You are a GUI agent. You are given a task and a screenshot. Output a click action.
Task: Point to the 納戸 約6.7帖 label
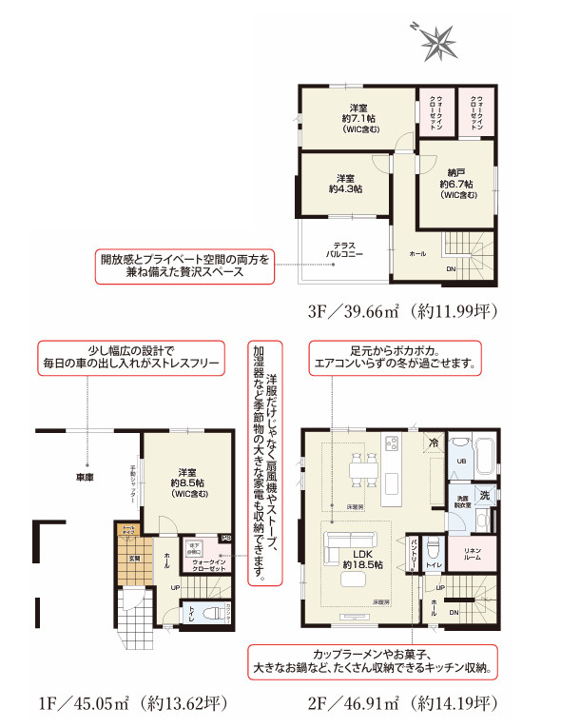[x=456, y=184]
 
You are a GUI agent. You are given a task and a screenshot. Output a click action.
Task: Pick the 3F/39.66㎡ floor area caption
[x=402, y=311]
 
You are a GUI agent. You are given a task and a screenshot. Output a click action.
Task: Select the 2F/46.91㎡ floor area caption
[x=399, y=704]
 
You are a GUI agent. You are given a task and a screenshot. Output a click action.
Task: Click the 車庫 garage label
[x=85, y=477]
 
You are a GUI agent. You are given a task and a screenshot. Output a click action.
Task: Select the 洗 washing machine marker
[x=484, y=495]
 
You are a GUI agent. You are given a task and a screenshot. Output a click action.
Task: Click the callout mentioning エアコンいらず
[x=395, y=358]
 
